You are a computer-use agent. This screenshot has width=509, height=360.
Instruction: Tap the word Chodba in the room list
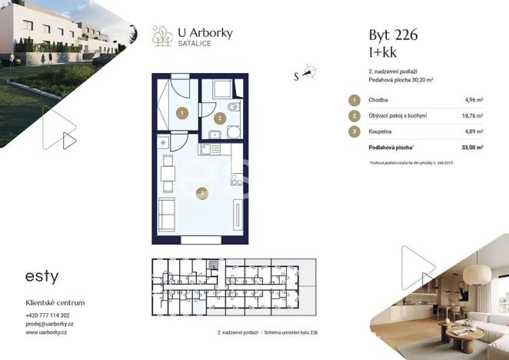(378, 100)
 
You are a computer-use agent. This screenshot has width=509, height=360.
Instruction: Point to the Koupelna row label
(381, 132)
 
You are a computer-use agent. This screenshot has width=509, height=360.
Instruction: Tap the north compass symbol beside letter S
(310, 73)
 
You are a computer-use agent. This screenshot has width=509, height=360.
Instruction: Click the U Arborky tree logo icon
(162, 35)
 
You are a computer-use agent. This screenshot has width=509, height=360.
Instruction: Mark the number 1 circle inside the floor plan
(181, 112)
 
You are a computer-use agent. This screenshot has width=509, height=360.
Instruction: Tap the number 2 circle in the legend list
(354, 115)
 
